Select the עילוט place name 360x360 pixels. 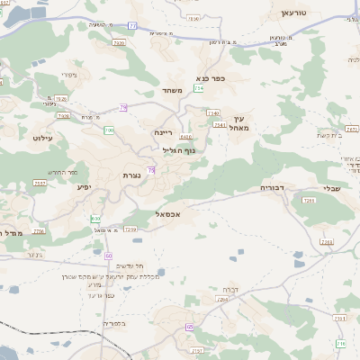[x=44, y=138]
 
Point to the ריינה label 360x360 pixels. [x=162, y=132]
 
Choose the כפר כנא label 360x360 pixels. [x=210, y=78]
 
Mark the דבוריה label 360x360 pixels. [x=273, y=187]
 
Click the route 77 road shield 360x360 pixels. [x=132, y=26]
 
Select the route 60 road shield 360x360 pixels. [x=108, y=256]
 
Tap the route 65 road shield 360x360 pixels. [x=190, y=326]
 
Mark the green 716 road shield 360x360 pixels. [x=339, y=344]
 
